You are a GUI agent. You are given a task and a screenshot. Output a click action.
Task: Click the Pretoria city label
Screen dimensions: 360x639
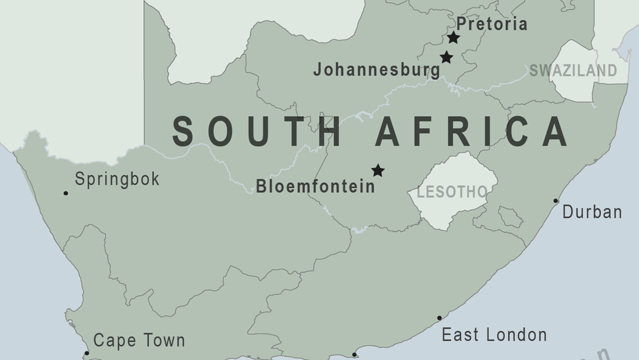tap(491, 24)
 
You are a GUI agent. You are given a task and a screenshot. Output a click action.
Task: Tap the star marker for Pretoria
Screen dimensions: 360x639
tap(453, 37)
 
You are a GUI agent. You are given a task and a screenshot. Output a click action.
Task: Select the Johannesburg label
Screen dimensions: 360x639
tap(376, 69)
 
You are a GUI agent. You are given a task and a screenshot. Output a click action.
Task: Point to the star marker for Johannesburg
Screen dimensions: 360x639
tap(446, 57)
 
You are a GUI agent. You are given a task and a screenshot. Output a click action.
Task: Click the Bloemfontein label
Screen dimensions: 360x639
tap(315, 186)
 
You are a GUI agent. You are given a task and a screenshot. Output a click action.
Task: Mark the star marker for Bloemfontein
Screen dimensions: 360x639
tap(378, 170)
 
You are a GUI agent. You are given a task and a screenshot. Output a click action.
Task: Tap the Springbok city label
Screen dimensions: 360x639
tap(117, 179)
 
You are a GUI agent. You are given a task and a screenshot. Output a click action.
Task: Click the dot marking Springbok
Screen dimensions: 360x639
tap(65, 193)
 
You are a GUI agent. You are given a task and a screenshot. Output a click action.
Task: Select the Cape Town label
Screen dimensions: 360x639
tap(139, 340)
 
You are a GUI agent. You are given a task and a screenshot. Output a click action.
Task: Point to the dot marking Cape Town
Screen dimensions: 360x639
tap(87, 353)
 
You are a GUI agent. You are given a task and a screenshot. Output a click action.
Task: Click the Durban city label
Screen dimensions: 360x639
tap(592, 212)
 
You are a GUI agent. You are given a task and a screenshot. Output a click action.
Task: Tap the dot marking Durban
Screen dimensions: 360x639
tap(555, 201)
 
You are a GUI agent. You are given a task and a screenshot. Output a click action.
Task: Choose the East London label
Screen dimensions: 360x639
tap(494, 335)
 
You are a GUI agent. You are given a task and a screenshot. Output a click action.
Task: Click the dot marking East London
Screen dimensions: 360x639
tap(439, 318)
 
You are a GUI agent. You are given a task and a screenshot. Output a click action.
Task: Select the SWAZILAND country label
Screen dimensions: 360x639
tap(573, 70)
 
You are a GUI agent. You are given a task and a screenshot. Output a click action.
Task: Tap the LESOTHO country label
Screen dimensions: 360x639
tap(452, 192)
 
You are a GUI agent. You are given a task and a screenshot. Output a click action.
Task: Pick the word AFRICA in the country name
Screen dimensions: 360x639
tap(471, 132)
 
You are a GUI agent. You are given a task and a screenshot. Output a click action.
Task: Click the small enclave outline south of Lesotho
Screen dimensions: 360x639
tap(510, 217)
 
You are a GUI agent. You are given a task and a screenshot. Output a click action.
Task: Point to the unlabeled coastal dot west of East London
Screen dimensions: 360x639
tap(354, 354)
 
